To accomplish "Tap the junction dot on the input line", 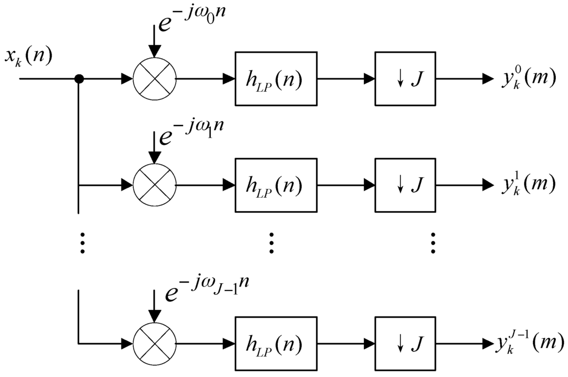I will (79, 79).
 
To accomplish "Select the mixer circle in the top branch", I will (154, 79).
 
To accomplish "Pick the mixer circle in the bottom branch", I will (154, 344).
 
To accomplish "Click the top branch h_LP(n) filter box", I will (276, 79).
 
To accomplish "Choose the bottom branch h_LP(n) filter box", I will (276, 344).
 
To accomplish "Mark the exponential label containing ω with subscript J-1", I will (209, 290).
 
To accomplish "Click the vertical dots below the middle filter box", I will (271, 243).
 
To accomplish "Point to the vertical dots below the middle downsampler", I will (433, 243).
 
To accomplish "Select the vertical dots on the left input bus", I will (82, 243).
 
